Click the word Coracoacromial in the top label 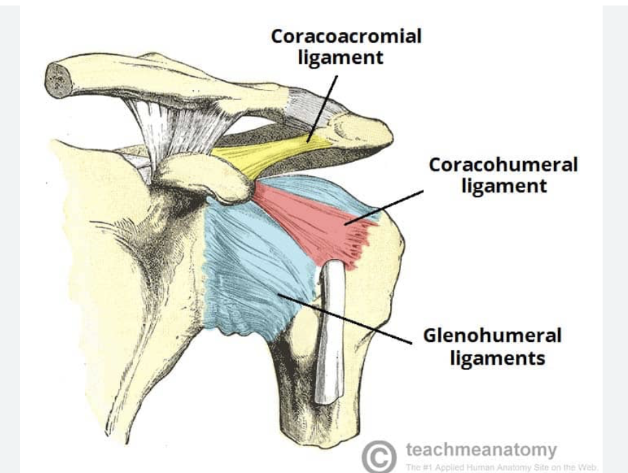point(346,36)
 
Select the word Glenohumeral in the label point(492,336)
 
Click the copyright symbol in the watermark point(378,454)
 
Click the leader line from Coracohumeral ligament point(387,206)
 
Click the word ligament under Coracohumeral point(504,186)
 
